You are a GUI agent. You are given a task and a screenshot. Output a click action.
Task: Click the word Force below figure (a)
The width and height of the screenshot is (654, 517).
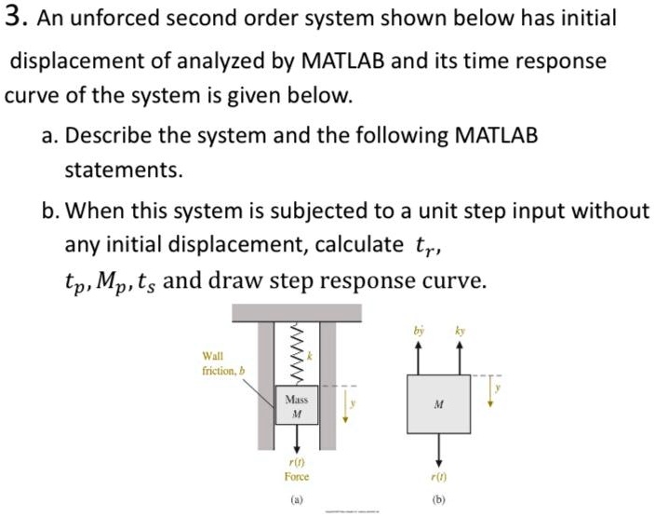(x=296, y=476)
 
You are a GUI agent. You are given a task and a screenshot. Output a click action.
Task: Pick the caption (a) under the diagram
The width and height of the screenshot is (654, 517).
(x=296, y=501)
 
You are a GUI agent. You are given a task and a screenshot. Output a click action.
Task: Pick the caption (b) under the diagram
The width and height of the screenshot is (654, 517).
(x=437, y=501)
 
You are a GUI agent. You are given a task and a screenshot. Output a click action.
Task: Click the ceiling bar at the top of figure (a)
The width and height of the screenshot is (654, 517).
(x=296, y=312)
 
